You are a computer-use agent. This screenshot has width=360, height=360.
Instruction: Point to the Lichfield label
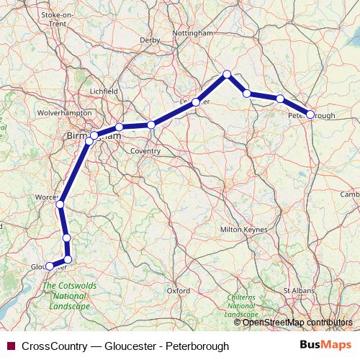pos(104,91)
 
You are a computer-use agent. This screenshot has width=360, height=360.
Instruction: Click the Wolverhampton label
pos(45,113)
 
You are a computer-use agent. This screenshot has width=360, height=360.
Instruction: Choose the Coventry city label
pos(145,151)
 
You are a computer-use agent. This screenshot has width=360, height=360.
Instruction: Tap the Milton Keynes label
pos(243,230)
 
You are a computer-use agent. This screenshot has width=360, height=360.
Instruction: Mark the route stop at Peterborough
pos(311,114)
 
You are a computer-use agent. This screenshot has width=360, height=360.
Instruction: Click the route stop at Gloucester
pos(50,266)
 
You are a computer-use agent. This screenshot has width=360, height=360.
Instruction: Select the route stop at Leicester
pos(196,102)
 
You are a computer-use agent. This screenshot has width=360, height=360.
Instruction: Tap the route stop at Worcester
pos(60,204)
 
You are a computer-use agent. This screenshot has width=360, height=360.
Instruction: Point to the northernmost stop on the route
pos(227,74)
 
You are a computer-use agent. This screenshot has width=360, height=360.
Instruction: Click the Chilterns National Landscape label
pos(240,306)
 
